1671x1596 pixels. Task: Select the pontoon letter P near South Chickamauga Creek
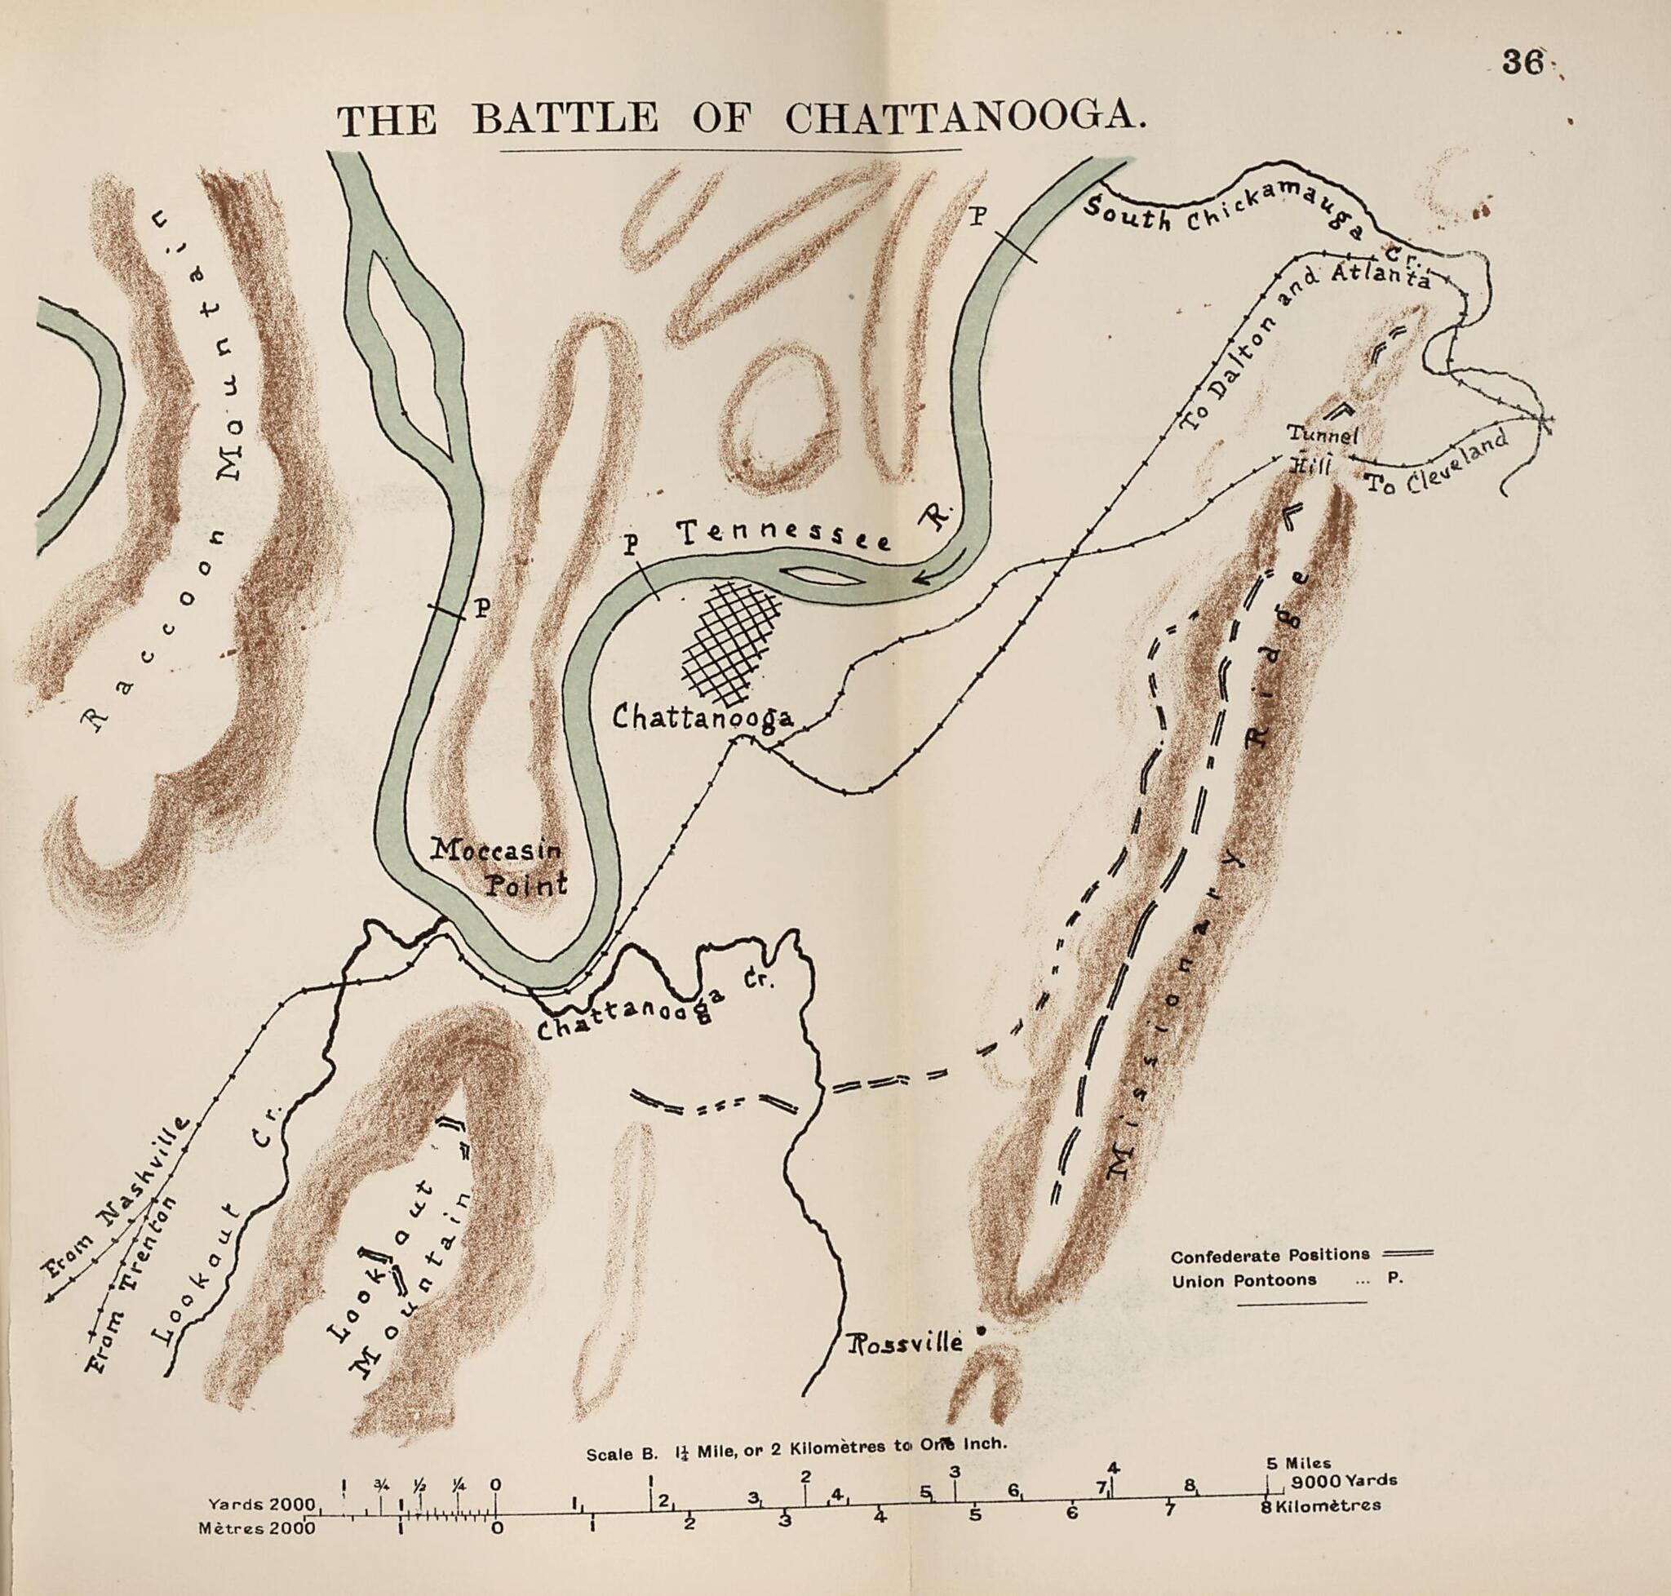[x=977, y=218]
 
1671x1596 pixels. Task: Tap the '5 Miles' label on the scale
[x=1297, y=1464]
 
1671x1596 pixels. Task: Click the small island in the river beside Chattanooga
[x=820, y=577]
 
